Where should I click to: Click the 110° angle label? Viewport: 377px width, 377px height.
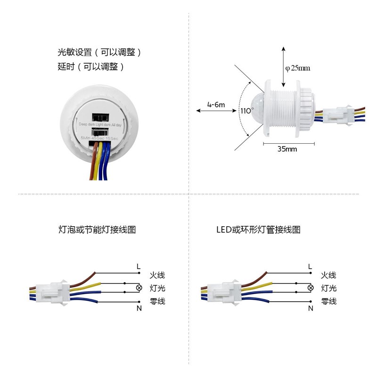coord(247,111)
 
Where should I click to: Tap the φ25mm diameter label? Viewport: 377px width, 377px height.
coord(298,68)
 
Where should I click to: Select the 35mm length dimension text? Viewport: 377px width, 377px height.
coord(287,149)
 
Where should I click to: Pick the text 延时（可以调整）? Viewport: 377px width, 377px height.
coord(90,67)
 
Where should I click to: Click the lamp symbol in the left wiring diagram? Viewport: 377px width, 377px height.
coord(139,288)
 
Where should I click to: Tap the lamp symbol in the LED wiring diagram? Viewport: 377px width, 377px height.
coord(310,288)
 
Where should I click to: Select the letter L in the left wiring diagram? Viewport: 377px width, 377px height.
coord(139,267)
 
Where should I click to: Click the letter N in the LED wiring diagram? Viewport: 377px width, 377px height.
coord(310,309)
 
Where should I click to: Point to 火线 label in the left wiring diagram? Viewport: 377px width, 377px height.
coord(157,275)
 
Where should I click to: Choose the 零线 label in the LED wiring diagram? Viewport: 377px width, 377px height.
coord(328,301)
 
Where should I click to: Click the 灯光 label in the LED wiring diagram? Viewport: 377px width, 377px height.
coord(328,288)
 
